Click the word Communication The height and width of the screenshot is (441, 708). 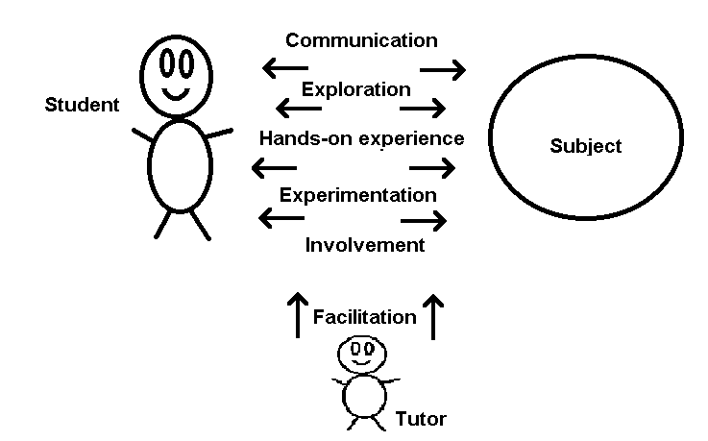pyautogui.click(x=361, y=40)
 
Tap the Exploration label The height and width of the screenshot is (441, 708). pyautogui.click(x=356, y=89)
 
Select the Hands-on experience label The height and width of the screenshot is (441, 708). pyautogui.click(x=361, y=138)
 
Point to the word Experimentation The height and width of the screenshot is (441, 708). pyautogui.click(x=357, y=195)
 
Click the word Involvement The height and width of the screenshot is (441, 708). pyautogui.click(x=364, y=245)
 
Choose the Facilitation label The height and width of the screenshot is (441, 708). pyautogui.click(x=365, y=316)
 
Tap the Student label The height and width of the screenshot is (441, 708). pyautogui.click(x=83, y=105)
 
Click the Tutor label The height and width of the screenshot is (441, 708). pyautogui.click(x=421, y=419)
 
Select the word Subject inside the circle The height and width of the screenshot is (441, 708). pyautogui.click(x=586, y=147)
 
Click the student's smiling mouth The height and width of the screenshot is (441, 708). pyautogui.click(x=176, y=94)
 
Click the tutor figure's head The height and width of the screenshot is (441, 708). pyautogui.click(x=362, y=353)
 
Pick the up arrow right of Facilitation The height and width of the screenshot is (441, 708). pyautogui.click(x=434, y=316)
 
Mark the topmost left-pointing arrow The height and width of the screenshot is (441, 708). pyautogui.click(x=284, y=68)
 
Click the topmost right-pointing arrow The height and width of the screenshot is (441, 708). pyautogui.click(x=443, y=68)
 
